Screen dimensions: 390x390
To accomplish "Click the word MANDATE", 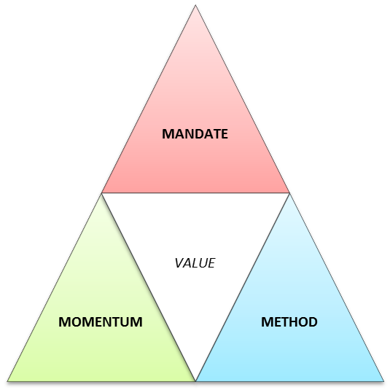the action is click(195, 134).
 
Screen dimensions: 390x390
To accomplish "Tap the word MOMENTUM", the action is click(101, 322).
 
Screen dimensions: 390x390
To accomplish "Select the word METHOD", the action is click(289, 322).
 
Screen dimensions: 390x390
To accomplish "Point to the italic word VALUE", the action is click(195, 263).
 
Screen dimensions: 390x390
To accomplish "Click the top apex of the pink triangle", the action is click(195, 5).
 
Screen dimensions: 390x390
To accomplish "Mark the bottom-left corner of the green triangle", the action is click(7, 381).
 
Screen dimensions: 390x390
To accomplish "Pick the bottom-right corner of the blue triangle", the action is click(383, 381).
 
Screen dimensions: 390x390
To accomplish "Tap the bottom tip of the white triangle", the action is click(196, 381).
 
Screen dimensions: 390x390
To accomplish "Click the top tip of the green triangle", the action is click(101, 194).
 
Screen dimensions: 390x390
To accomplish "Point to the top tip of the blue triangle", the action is click(289, 194).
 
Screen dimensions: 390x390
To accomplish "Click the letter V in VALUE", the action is click(179, 263).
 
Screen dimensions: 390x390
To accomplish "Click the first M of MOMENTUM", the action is click(64, 322).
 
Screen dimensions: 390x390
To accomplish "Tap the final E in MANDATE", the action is click(224, 134).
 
